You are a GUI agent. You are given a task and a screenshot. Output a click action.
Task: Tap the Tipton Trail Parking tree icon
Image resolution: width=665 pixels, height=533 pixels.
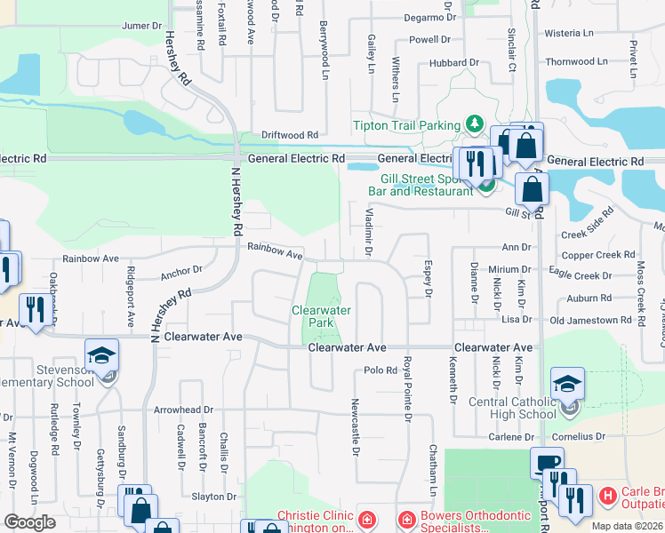pos(475,124)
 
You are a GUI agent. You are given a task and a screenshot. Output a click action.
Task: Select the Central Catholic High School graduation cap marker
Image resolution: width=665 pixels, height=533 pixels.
pos(567,385)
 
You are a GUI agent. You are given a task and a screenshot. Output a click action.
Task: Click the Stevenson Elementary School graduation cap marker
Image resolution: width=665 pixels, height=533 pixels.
pos(101,355)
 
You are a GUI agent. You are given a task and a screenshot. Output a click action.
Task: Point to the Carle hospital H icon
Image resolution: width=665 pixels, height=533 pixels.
pos(608,496)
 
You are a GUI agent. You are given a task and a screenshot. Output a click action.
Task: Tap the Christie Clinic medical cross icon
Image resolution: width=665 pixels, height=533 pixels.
pos(365,517)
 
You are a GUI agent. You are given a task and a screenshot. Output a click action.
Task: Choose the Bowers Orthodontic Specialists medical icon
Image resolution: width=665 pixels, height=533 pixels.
pos(405,517)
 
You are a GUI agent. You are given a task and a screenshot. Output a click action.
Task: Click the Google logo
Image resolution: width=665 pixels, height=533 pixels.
pos(29,522)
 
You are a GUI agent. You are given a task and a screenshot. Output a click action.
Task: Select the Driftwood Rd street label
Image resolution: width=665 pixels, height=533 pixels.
pos(290,135)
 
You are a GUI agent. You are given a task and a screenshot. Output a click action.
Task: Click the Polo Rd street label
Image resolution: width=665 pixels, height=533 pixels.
pos(379,370)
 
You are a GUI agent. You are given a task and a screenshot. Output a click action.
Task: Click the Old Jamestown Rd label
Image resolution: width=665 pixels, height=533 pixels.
pos(589,320)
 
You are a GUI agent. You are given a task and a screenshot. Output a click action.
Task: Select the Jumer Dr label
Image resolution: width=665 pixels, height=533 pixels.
pos(141,26)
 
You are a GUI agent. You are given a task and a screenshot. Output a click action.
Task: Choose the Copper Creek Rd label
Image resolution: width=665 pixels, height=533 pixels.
pos(597,255)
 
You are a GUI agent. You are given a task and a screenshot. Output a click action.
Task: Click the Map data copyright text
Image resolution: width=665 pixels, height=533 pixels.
pos(627,526)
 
